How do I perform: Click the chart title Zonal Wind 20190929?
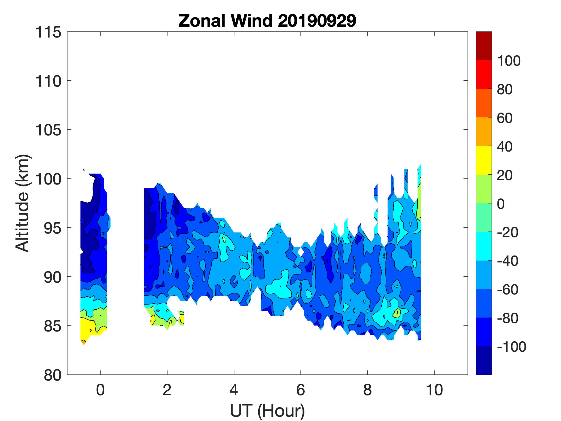tap(267, 21)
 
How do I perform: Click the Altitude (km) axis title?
tap(23, 203)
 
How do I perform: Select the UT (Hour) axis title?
tap(267, 411)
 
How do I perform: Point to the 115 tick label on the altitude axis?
tap(48, 32)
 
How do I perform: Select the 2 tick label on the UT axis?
tap(167, 390)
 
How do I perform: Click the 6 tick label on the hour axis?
tap(301, 390)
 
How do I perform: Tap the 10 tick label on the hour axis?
tap(435, 390)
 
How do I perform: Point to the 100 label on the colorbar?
tap(509, 61)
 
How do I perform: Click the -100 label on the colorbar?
tap(511, 347)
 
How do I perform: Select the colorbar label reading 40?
tap(504, 147)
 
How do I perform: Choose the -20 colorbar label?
tap(507, 232)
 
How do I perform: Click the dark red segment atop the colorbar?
tap(484, 46)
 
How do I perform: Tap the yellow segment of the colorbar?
tap(484, 160)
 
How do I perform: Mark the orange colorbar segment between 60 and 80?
tap(484, 103)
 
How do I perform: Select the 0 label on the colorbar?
tap(500, 204)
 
